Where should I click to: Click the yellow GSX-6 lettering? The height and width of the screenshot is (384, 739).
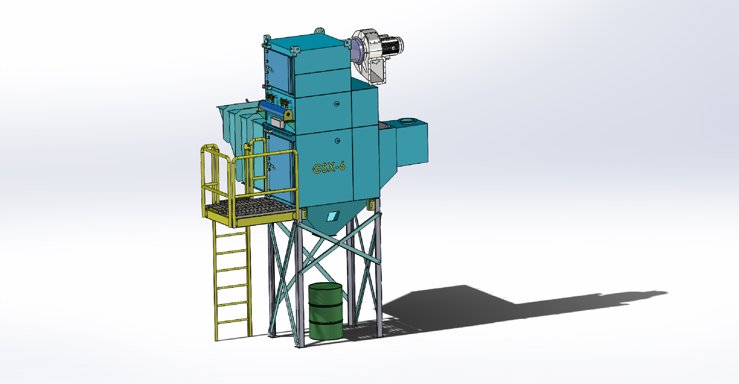click(329, 168)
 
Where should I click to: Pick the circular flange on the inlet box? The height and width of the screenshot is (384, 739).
click(408, 121)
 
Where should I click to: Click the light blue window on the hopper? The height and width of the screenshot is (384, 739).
click(332, 216)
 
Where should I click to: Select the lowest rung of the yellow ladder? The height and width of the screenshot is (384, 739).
click(233, 321)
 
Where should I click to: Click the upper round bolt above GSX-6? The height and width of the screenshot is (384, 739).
click(337, 104)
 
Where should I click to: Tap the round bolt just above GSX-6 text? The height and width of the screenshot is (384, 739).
click(337, 141)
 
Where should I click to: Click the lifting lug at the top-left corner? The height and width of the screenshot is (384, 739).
click(267, 38)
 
